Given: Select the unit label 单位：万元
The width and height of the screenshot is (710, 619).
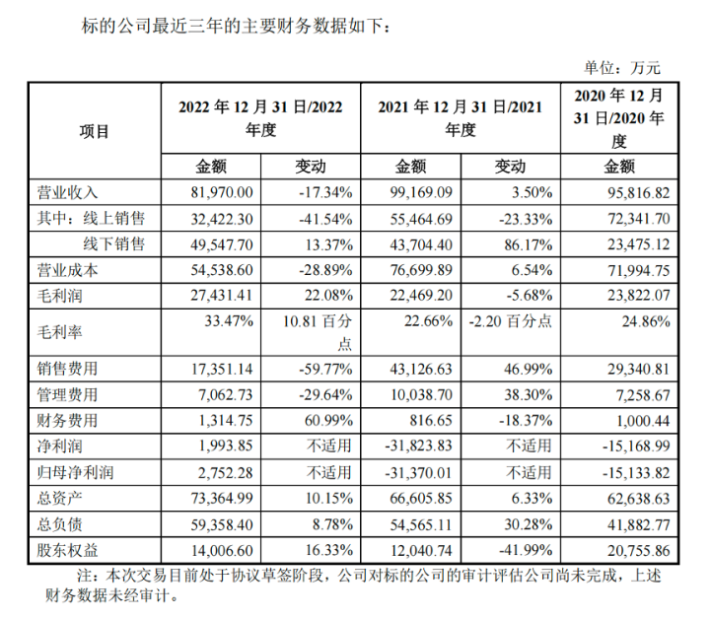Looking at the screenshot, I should (623, 68).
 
